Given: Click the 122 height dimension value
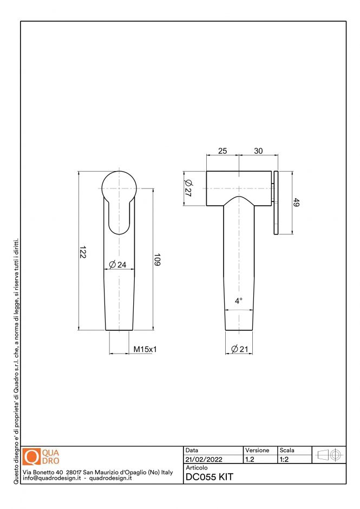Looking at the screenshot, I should tap(83, 252).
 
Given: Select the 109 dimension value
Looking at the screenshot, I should tap(158, 260).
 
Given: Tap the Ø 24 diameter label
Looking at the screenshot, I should tap(117, 265).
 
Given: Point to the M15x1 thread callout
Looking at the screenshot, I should tap(145, 349).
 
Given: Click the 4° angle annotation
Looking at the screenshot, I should tap(239, 301).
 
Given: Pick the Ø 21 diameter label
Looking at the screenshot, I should tap(239, 349).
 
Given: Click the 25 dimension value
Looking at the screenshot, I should tap(222, 151).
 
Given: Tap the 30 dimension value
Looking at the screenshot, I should tap(258, 151).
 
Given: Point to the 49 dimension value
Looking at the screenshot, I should tap(296, 203).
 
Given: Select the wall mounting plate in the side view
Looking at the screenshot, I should tap(276, 204).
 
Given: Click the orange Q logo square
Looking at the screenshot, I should tap(32, 457).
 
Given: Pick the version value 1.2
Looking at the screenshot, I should tap(250, 460).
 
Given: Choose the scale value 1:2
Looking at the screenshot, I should tap(283, 460).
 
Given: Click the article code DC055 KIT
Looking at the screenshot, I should tap(209, 477).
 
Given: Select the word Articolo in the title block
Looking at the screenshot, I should tap(197, 467).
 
